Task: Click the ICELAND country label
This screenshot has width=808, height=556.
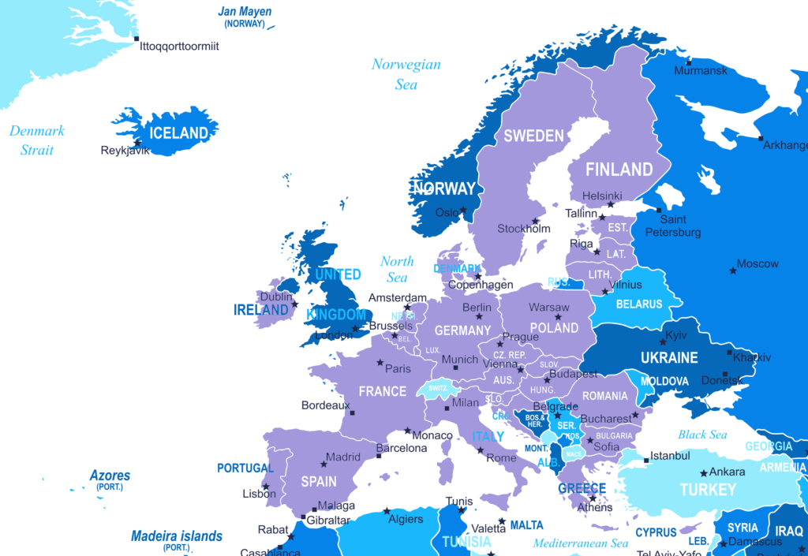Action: tap(179, 132)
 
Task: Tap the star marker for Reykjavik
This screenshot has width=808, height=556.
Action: tap(138, 143)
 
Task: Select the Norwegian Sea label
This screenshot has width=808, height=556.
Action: tap(406, 73)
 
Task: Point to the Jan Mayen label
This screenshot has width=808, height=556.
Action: tap(245, 13)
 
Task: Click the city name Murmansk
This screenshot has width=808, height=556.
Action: tap(701, 71)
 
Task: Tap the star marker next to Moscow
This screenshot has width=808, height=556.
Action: tap(733, 271)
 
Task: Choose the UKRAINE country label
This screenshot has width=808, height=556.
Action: tap(669, 357)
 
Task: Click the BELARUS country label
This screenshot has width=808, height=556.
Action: tap(638, 304)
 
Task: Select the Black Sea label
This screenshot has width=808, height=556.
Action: tap(702, 435)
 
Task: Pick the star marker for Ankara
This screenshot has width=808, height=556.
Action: tap(704, 473)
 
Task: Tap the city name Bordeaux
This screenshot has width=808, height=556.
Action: tap(325, 405)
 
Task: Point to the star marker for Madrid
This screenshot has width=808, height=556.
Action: tap(324, 464)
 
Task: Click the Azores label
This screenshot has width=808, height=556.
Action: tap(110, 476)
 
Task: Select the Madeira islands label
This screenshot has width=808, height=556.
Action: tap(177, 536)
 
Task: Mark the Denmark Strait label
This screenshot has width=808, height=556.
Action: tap(37, 140)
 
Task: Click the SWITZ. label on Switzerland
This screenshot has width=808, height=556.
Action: tap(439, 388)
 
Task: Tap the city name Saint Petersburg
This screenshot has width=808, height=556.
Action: tap(672, 226)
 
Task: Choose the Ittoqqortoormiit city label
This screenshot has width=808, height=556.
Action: tap(179, 46)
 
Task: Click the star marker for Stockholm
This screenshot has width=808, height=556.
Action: tap(534, 221)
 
